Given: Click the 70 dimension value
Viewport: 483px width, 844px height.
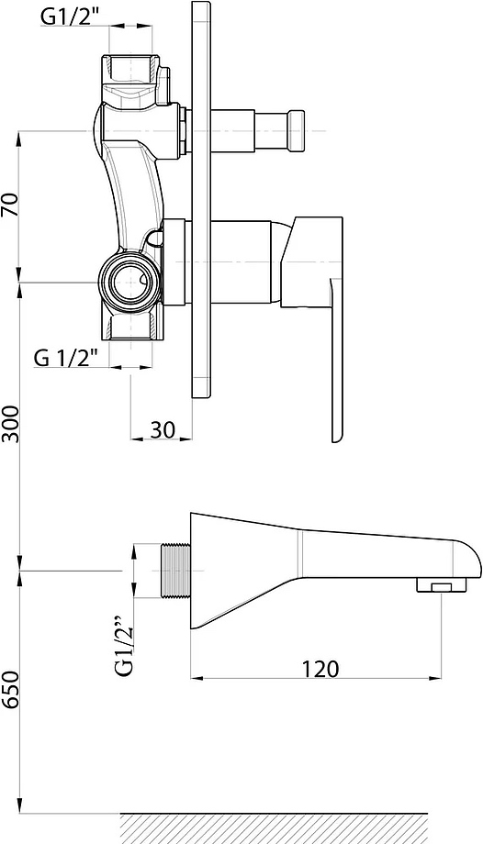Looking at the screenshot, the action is click(11, 205).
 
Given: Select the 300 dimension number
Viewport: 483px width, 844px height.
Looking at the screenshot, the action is click(11, 424).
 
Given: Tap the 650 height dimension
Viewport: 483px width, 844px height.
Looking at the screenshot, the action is click(11, 690).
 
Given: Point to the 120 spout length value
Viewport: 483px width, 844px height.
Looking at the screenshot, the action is click(320, 669).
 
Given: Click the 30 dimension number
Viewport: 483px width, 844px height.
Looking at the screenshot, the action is click(163, 429).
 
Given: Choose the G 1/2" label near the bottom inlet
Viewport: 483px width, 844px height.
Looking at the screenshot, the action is click(66, 357).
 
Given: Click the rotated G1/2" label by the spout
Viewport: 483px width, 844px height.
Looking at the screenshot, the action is click(123, 648).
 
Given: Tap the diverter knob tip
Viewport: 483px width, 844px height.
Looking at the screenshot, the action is click(296, 131).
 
